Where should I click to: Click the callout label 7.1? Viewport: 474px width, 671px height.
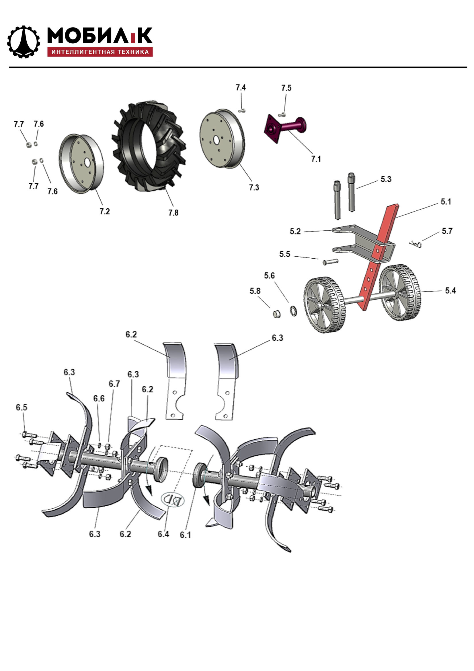316,159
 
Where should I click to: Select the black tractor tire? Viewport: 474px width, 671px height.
149,146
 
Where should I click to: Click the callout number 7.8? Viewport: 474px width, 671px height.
173,213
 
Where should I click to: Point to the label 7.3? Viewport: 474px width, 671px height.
254,187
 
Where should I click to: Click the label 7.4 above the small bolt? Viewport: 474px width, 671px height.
241,87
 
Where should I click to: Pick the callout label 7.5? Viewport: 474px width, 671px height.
286,88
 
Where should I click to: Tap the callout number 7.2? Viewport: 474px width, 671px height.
105,211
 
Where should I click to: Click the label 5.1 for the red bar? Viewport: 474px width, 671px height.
446,202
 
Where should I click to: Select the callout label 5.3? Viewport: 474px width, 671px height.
386,179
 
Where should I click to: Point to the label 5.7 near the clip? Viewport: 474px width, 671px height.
447,231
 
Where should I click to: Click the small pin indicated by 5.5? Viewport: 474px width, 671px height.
330,261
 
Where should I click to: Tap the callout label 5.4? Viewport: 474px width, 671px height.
450,290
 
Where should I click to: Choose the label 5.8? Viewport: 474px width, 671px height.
255,291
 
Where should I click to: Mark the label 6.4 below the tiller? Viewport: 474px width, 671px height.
163,534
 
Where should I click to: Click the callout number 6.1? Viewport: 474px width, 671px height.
185,535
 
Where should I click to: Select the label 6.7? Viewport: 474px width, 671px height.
114,384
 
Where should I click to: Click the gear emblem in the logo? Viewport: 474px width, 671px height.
23,42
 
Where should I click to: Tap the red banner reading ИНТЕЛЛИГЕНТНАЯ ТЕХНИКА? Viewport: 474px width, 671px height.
100,52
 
